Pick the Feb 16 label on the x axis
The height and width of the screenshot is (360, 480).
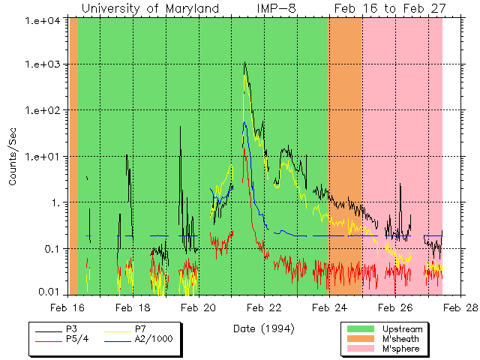67,307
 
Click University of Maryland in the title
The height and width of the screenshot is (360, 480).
150,8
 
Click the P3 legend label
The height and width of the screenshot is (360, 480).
72,328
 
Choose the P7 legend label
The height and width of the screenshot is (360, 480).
140,328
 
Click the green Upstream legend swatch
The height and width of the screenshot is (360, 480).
360,328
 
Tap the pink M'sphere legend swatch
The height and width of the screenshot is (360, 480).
360,349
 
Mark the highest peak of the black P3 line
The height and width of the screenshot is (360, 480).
245,63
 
